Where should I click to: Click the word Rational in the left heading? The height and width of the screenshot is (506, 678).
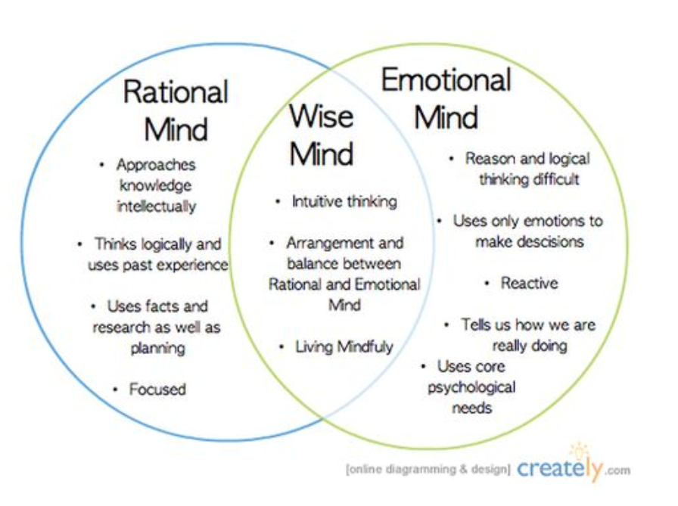(x=176, y=92)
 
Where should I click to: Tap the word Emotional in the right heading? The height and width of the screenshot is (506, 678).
(x=446, y=79)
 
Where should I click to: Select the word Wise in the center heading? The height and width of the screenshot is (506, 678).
(x=322, y=116)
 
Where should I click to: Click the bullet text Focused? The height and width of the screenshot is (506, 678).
(x=157, y=389)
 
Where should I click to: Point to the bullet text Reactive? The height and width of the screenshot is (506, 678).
(x=529, y=283)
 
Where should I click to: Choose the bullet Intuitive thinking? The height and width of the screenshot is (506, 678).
(x=344, y=201)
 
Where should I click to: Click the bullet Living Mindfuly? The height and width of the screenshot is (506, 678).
(x=344, y=346)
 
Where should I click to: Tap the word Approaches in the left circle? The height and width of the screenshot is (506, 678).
(x=156, y=165)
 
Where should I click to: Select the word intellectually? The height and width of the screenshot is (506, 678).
(x=156, y=206)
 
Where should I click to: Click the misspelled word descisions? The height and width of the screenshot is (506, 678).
(x=529, y=241)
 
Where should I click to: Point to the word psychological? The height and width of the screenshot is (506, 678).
(x=471, y=387)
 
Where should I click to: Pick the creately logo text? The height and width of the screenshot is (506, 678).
(x=559, y=468)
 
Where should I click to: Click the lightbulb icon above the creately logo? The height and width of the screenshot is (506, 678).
(x=579, y=450)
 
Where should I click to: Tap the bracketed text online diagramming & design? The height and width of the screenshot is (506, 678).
(x=428, y=469)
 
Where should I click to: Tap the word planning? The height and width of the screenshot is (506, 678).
(x=157, y=348)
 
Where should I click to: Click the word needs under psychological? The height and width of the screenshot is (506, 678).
(x=471, y=408)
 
